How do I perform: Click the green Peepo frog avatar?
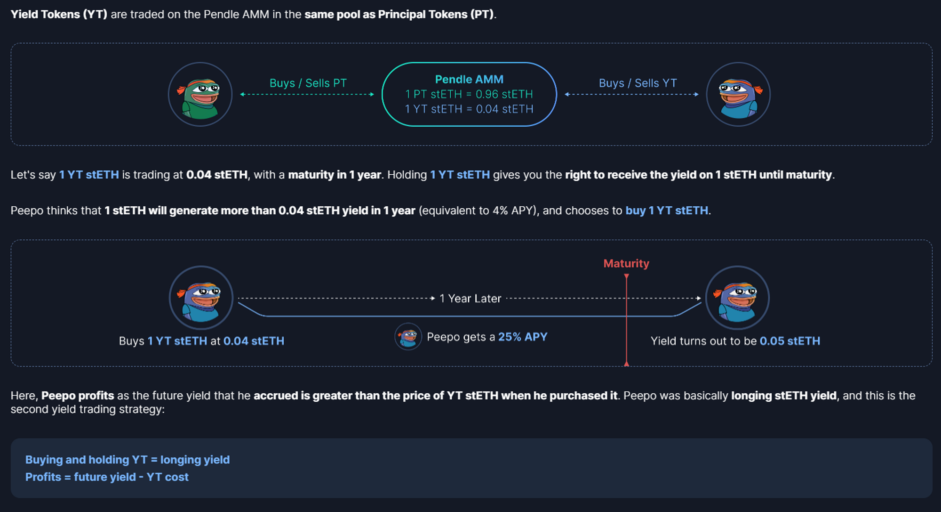pos(200,95)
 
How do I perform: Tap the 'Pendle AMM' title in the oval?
pos(469,80)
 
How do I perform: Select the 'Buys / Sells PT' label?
pos(308,83)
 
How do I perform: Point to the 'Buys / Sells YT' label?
pos(638,83)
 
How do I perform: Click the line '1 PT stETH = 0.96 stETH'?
pos(469,94)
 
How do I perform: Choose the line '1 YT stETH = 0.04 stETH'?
pos(469,109)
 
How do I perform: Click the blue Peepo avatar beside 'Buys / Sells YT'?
pos(738,95)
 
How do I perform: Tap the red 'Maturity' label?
pos(626,264)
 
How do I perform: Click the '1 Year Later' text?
pos(470,299)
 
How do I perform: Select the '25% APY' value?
pos(523,337)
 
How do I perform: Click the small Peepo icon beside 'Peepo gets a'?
pos(408,337)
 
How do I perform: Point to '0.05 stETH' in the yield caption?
pos(789,341)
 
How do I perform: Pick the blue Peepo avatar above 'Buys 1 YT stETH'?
pos(201,298)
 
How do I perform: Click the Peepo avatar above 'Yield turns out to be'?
pos(737,298)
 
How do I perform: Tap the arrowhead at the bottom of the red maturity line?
pos(626,363)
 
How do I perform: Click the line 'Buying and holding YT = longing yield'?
pos(128,460)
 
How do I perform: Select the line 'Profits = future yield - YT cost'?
pos(107,477)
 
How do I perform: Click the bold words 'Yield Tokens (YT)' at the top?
pos(59,15)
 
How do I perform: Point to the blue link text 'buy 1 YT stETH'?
pos(666,211)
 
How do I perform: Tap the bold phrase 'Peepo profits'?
pos(78,396)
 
